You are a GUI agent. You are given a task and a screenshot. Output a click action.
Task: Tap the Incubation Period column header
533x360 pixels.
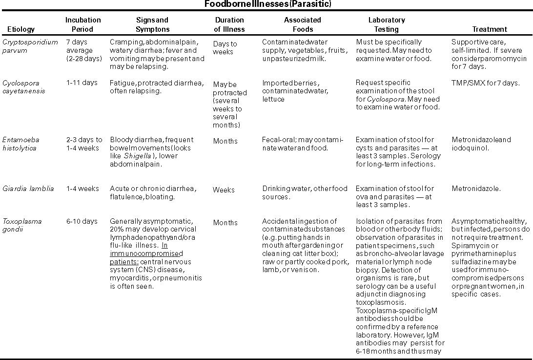(x=83, y=24)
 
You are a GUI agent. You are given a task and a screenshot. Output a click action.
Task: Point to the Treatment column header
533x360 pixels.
(x=490, y=29)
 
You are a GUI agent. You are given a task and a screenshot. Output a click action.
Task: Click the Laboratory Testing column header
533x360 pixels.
(x=387, y=24)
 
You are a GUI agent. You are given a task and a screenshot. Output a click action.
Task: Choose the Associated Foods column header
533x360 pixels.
(x=303, y=24)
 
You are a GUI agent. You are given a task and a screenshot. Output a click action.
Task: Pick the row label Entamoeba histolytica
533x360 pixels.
(x=20, y=144)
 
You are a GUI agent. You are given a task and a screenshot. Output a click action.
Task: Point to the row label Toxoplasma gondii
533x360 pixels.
(x=22, y=225)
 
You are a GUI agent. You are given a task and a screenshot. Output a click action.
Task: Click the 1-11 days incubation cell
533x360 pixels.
(x=82, y=83)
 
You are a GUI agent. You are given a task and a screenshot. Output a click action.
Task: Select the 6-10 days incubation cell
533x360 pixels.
(x=82, y=221)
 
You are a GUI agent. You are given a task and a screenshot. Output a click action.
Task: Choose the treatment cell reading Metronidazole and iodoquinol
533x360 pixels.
(x=481, y=144)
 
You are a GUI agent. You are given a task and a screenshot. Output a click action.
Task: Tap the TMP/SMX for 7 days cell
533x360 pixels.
(x=486, y=83)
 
